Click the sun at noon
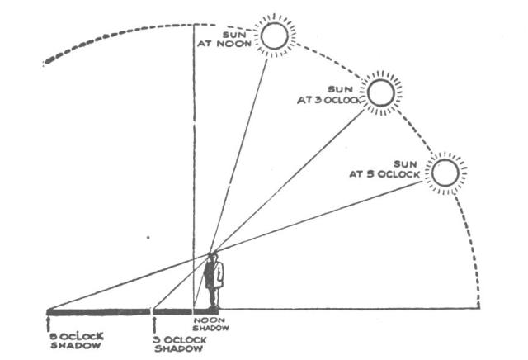[274, 36]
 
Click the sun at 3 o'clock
[380, 93]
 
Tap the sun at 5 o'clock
[445, 173]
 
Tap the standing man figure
[214, 282]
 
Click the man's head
[214, 258]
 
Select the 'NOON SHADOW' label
[207, 323]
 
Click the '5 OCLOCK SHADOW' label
[73, 338]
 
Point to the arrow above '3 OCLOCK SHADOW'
[154, 319]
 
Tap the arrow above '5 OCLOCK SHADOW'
[49, 319]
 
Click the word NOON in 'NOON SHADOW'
[205, 319]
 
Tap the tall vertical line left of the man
[193, 165]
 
